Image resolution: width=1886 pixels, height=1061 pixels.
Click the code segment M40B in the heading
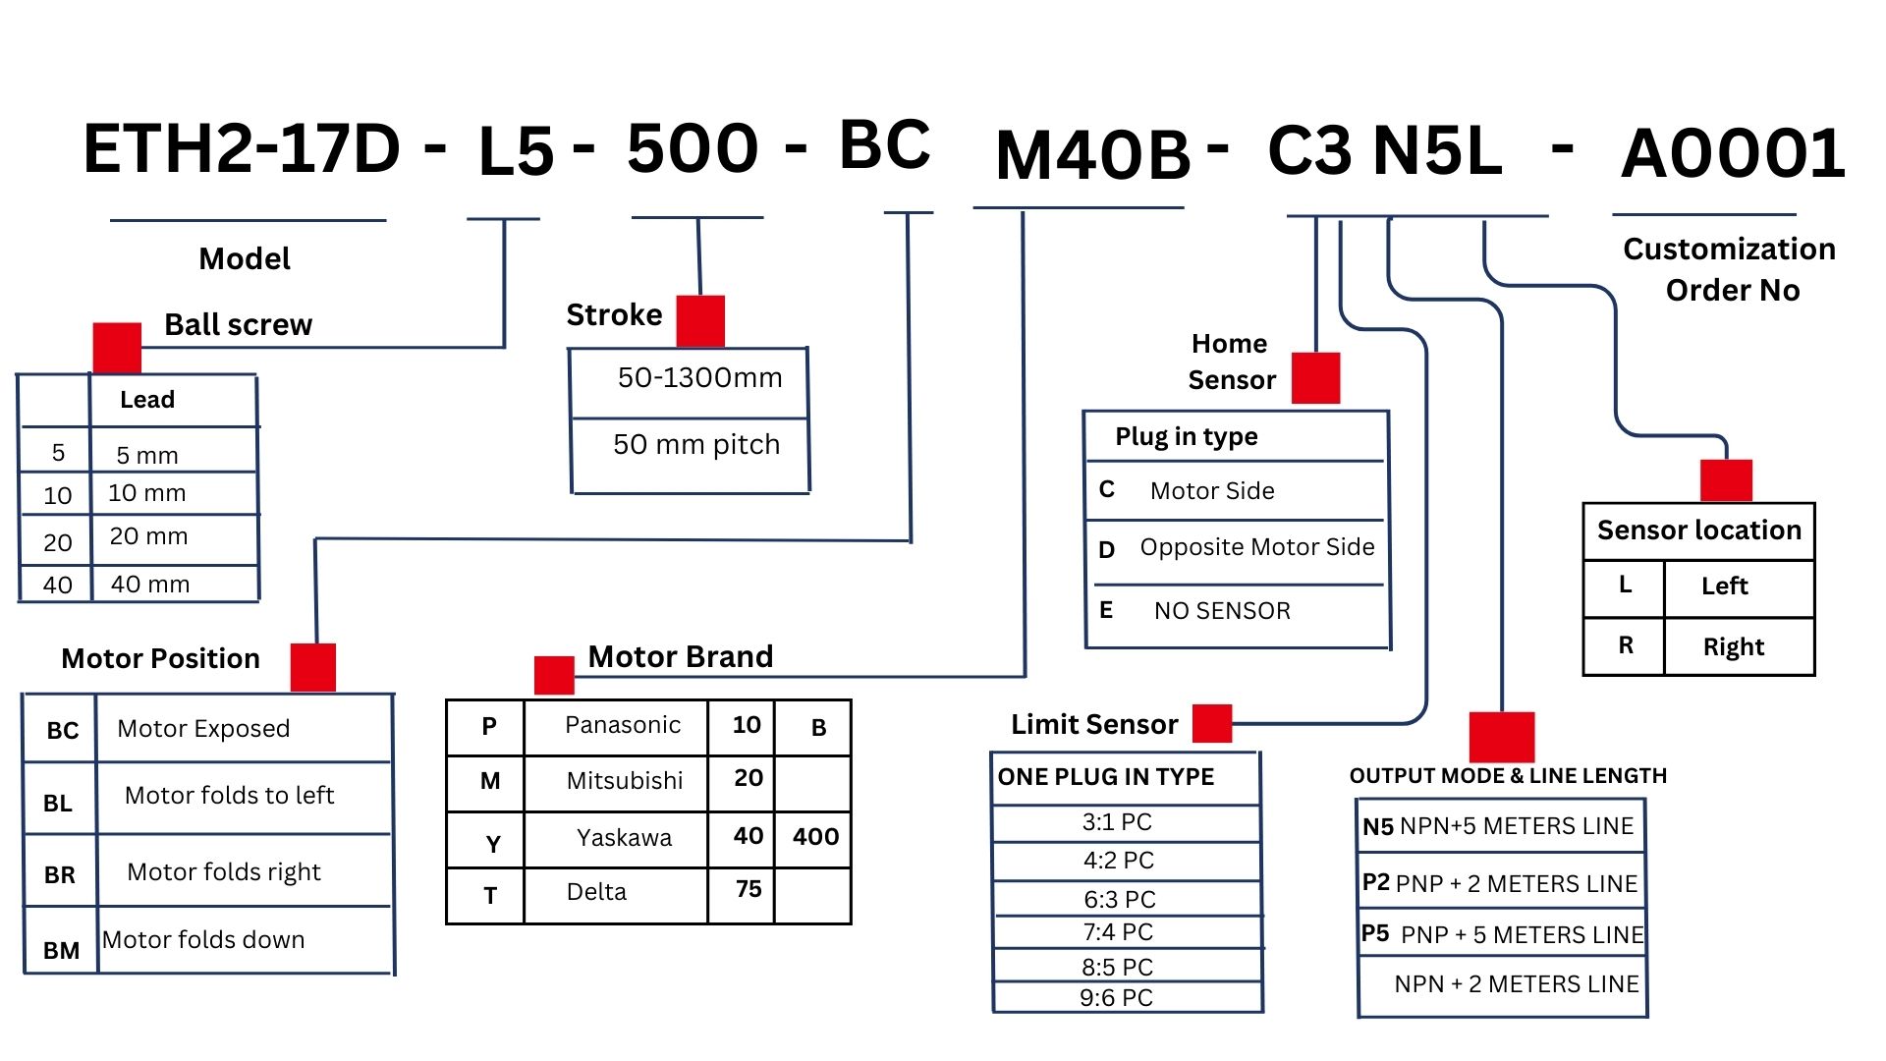(1092, 155)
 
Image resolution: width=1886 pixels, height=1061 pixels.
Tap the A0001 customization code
(1733, 154)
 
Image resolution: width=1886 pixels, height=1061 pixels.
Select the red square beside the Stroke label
(700, 320)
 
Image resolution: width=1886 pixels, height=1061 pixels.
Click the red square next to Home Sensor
(1315, 377)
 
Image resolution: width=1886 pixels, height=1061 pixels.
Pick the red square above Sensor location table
(1726, 480)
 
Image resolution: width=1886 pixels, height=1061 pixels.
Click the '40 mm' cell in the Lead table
(150, 584)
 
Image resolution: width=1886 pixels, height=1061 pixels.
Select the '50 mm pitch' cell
(695, 444)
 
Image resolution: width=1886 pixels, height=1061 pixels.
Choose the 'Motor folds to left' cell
(229, 795)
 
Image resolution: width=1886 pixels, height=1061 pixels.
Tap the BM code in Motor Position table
(61, 950)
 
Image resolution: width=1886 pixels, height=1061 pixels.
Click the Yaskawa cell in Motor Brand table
(624, 838)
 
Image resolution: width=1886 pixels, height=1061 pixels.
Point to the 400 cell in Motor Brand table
(815, 837)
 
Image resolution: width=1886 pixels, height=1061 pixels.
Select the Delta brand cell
(596, 892)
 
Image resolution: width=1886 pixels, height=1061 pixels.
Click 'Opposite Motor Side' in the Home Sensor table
(1256, 547)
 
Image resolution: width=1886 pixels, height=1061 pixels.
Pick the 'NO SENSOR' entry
(1222, 611)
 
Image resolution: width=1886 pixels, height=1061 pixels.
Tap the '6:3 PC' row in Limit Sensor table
(1119, 899)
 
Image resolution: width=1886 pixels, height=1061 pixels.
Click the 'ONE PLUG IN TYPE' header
(1106, 777)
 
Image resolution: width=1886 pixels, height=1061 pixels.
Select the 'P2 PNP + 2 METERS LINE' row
(1499, 883)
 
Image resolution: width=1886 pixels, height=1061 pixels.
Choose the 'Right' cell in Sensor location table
(1733, 646)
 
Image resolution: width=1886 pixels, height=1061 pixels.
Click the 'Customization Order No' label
(1729, 269)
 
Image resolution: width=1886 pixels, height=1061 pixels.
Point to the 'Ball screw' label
(238, 324)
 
